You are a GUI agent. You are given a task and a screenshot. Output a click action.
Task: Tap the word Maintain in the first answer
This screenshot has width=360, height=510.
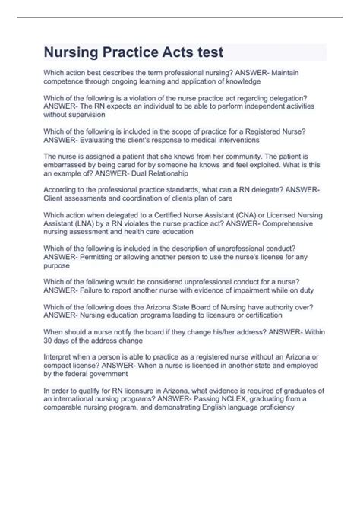(x=298, y=73)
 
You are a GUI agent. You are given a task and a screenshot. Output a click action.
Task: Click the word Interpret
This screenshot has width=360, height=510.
(x=57, y=357)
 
